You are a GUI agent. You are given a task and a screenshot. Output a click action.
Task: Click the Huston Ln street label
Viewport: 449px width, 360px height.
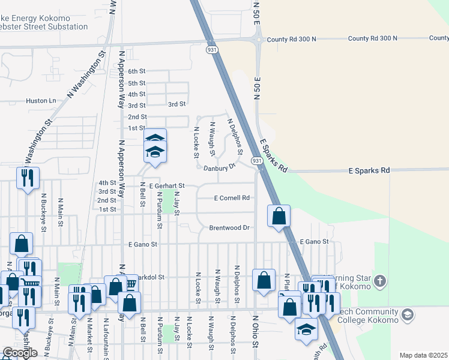pyautogui.click(x=40, y=101)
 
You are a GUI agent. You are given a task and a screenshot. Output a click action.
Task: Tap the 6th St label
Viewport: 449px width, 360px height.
pyautogui.click(x=137, y=71)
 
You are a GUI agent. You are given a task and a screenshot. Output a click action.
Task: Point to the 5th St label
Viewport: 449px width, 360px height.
pyautogui.click(x=137, y=83)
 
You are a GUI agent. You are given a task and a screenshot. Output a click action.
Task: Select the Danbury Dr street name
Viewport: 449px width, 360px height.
pyautogui.click(x=217, y=169)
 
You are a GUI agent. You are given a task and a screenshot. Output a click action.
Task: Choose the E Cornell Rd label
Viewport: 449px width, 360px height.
pyautogui.click(x=232, y=198)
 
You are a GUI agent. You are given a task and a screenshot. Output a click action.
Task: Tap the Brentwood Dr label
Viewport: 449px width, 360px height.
pyautogui.click(x=229, y=228)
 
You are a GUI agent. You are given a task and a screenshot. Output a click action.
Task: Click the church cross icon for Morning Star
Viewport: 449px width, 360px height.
pyautogui.click(x=379, y=281)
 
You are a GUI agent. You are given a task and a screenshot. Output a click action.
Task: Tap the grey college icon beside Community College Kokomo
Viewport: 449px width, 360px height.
pyautogui.click(x=408, y=315)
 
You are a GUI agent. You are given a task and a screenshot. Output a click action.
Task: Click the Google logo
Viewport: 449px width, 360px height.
pyautogui.click(x=20, y=353)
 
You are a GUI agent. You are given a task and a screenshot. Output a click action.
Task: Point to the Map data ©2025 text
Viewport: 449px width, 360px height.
pyautogui.click(x=423, y=355)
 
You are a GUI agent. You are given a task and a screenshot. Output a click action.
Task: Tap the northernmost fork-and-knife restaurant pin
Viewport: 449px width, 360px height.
pyautogui.click(x=27, y=178)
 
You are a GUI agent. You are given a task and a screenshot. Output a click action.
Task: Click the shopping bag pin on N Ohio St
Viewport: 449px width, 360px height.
pyautogui.click(x=264, y=280)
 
